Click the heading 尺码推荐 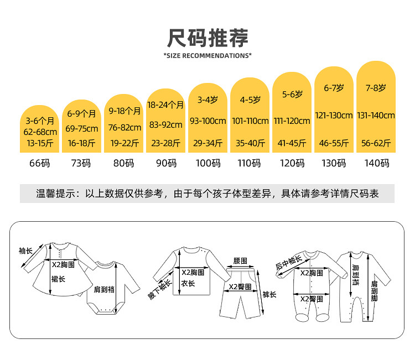point(207,37)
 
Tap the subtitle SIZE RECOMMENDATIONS point(207,55)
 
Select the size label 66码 point(40,163)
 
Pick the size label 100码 point(208,163)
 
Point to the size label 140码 point(376,163)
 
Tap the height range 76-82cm point(124,127)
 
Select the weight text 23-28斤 point(165,143)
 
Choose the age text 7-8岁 point(376,87)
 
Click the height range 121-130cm point(334,116)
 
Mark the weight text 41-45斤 point(292,143)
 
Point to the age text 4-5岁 point(250,101)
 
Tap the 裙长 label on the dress point(58,279)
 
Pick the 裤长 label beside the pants point(269,294)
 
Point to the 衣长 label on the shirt point(188,284)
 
